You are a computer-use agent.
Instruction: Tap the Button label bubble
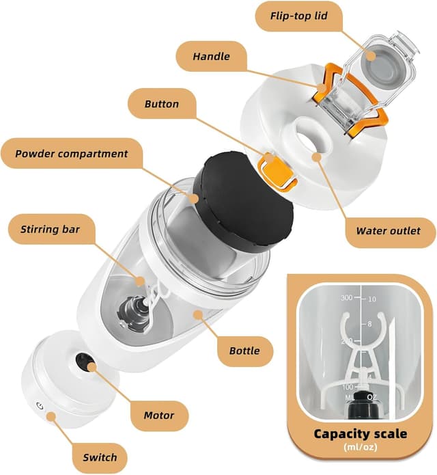[162, 105]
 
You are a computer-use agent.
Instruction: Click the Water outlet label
[387, 230]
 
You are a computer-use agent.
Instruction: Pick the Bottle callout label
[244, 351]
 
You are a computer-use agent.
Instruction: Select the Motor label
[159, 414]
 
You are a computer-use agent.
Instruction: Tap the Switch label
[100, 457]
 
